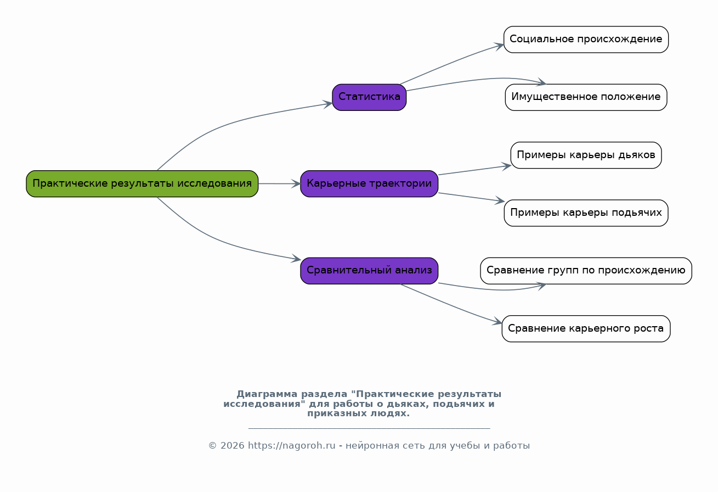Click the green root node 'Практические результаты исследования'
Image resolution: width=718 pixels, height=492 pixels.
142,183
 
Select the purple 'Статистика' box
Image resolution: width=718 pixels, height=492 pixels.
369,97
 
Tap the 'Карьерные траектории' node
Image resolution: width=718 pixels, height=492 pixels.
369,183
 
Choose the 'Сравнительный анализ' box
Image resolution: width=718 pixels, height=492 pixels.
369,271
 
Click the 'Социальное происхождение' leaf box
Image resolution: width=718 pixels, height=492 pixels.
586,40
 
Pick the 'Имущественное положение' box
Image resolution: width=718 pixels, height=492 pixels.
586,97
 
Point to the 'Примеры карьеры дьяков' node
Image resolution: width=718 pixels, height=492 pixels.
586,155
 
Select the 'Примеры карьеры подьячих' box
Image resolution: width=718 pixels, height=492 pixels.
586,213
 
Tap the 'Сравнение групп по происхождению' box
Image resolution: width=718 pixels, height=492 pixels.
586,271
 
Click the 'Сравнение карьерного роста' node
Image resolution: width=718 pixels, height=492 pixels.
586,329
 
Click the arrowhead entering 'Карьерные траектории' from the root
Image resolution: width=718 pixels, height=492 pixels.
296,184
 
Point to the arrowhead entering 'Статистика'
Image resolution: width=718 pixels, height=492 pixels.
328,104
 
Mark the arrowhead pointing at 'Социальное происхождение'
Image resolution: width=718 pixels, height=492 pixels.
499,46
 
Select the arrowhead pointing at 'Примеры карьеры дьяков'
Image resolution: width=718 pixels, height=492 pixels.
506,166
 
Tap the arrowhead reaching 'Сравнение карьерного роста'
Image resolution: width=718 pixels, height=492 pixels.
497,321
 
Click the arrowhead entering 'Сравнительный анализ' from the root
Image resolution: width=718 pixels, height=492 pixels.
296,259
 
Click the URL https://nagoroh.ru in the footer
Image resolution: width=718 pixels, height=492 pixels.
291,445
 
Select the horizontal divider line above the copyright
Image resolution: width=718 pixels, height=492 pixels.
369,428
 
